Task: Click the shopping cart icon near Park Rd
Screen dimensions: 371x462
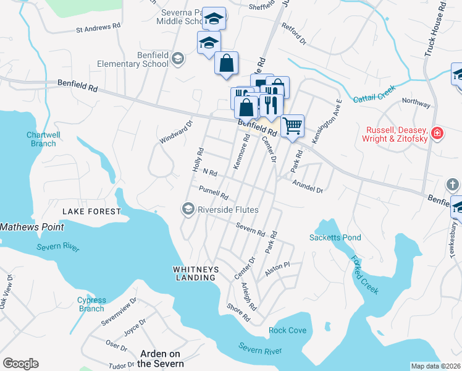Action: [x=292, y=125]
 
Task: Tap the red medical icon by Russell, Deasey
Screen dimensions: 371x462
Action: [x=437, y=133]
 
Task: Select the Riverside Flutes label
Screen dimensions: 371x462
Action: [x=227, y=210]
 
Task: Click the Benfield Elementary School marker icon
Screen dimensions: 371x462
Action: [x=178, y=59]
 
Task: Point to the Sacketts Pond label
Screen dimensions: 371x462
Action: [x=335, y=237]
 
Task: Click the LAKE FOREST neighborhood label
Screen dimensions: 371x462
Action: [x=91, y=211]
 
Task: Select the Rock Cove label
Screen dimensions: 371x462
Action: [x=288, y=330]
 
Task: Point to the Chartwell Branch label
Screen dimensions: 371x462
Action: [x=41, y=139]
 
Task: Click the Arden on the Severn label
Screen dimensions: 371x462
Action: [x=160, y=358]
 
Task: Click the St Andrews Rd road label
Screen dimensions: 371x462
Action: [x=98, y=28]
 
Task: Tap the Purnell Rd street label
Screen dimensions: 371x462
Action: [x=214, y=192]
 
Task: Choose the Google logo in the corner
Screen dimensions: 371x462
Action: [x=20, y=364]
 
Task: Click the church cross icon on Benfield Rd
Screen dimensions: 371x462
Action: [x=452, y=184]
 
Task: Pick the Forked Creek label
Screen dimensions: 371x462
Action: [x=364, y=275]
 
